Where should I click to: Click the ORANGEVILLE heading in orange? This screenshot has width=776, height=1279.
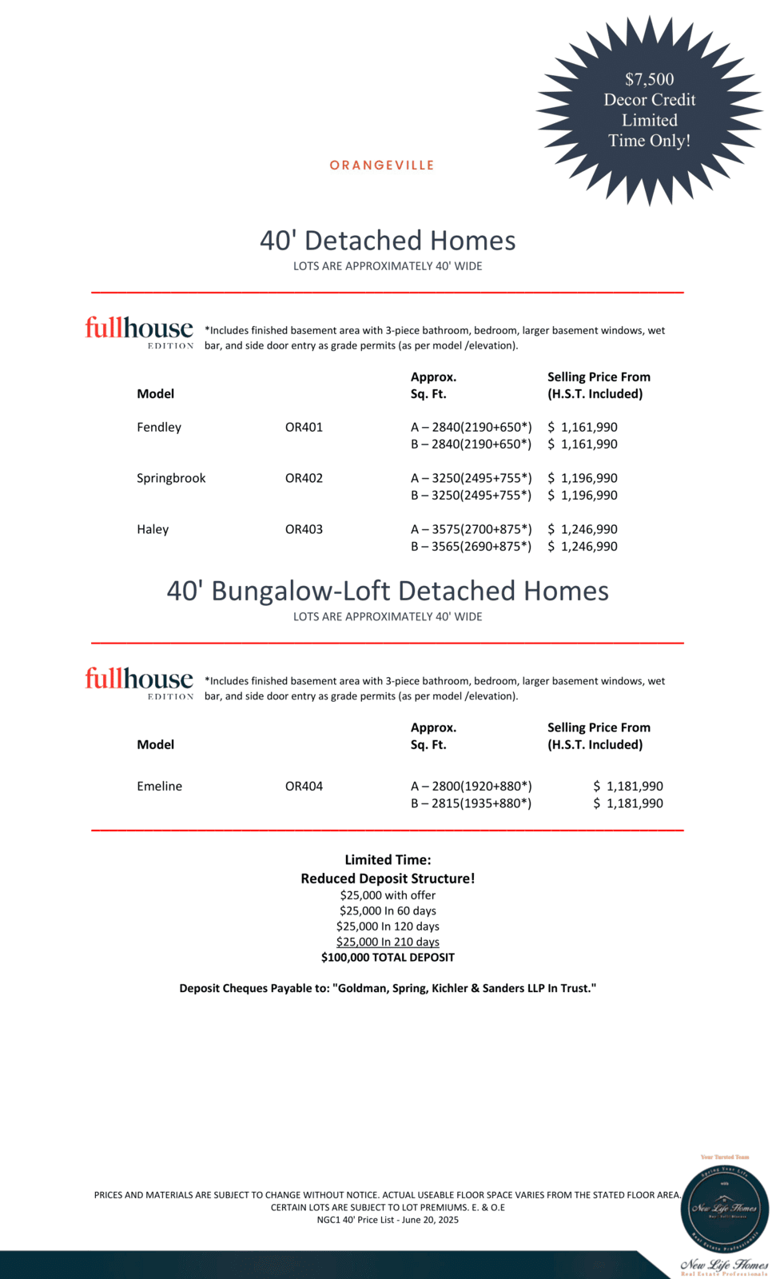(x=382, y=165)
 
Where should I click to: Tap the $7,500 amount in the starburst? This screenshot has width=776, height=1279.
(x=649, y=79)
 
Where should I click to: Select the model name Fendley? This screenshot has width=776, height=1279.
(x=159, y=427)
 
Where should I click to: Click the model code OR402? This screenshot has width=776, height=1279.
(x=304, y=478)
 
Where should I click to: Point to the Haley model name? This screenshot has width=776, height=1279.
(x=153, y=529)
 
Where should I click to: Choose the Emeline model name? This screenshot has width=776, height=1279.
(x=159, y=786)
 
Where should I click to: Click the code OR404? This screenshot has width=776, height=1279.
(x=304, y=786)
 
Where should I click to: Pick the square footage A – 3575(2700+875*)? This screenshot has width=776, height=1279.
(x=471, y=529)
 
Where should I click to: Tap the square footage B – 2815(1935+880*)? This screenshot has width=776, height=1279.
(x=471, y=803)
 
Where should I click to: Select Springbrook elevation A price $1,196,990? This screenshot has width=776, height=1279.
(x=583, y=478)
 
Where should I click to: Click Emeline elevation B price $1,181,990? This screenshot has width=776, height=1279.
(x=628, y=803)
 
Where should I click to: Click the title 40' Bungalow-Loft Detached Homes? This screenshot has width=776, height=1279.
(x=388, y=591)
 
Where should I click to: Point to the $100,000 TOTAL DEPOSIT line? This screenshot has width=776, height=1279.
(x=388, y=957)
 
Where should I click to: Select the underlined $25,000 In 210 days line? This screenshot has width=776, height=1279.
(x=388, y=942)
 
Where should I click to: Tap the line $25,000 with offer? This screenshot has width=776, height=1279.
(x=388, y=895)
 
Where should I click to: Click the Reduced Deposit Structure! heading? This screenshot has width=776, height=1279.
(x=388, y=879)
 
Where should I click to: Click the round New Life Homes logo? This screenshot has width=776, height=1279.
(x=724, y=1208)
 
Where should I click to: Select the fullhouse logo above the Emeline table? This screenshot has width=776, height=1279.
(x=139, y=682)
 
